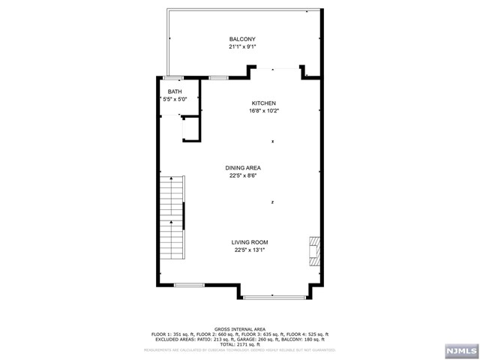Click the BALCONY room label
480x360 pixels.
(x=242, y=39)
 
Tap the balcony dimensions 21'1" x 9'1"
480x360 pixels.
(x=242, y=46)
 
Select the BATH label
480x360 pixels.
(x=174, y=91)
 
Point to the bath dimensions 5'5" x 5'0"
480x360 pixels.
(x=175, y=99)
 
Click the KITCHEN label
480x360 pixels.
(x=263, y=103)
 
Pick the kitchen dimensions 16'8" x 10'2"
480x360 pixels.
(x=263, y=111)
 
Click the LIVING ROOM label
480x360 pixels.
(x=249, y=242)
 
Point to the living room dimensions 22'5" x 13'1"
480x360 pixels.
(x=249, y=250)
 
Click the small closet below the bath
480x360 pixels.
(x=190, y=128)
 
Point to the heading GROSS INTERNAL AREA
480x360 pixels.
(x=240, y=328)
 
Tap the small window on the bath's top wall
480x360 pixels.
(x=173, y=77)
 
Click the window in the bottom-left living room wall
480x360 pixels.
(x=189, y=284)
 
